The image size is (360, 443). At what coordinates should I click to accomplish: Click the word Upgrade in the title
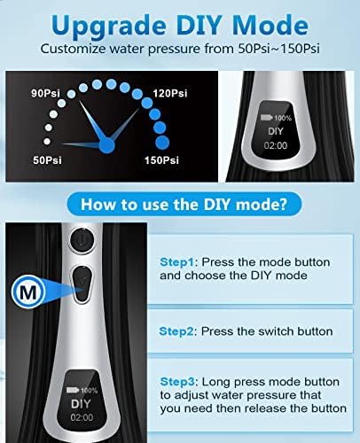[x=108, y=27]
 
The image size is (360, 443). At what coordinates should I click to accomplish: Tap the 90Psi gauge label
[x=45, y=93]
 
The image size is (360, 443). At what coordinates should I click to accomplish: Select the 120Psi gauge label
[x=170, y=93]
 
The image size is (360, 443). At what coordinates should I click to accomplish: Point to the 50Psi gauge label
[x=47, y=160]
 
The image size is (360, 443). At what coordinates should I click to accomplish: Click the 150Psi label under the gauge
[x=161, y=160]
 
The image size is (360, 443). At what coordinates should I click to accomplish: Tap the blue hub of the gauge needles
[x=106, y=145]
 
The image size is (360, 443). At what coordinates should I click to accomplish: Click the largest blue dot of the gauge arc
[x=162, y=143]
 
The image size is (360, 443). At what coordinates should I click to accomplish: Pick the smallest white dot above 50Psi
[x=47, y=142]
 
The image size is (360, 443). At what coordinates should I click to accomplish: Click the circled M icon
[x=28, y=292]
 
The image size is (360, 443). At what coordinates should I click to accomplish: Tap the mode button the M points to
[x=82, y=284]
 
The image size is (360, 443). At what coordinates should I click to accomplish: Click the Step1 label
[x=176, y=262]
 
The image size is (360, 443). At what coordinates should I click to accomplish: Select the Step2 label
[x=176, y=331]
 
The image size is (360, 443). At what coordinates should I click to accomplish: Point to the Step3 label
[x=177, y=382]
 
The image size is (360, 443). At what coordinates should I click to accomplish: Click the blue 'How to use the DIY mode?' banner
[x=184, y=204]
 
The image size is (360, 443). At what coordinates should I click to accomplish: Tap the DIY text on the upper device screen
[x=276, y=131]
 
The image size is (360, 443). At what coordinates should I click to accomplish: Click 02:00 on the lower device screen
[x=82, y=417]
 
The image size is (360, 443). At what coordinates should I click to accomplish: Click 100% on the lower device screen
[x=89, y=391]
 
